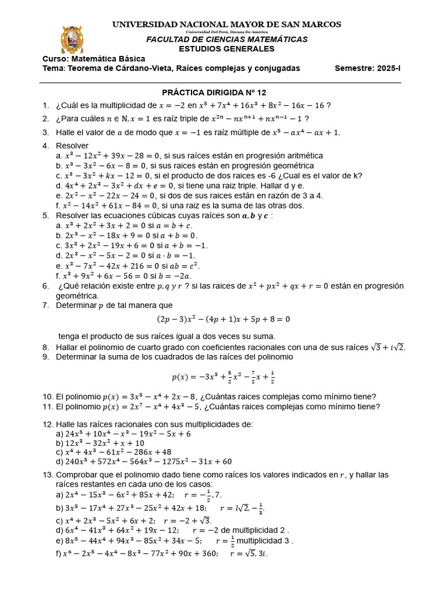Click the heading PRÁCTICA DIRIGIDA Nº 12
(214, 92)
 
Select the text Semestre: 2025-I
(367, 68)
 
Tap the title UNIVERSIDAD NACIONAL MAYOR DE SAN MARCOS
(226, 24)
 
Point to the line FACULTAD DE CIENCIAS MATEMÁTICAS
(226, 40)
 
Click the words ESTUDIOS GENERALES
(226, 49)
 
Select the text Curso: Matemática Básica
(94, 59)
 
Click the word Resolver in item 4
(72, 145)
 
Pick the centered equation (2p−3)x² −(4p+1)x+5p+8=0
(223, 319)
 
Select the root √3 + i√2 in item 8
(387, 347)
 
